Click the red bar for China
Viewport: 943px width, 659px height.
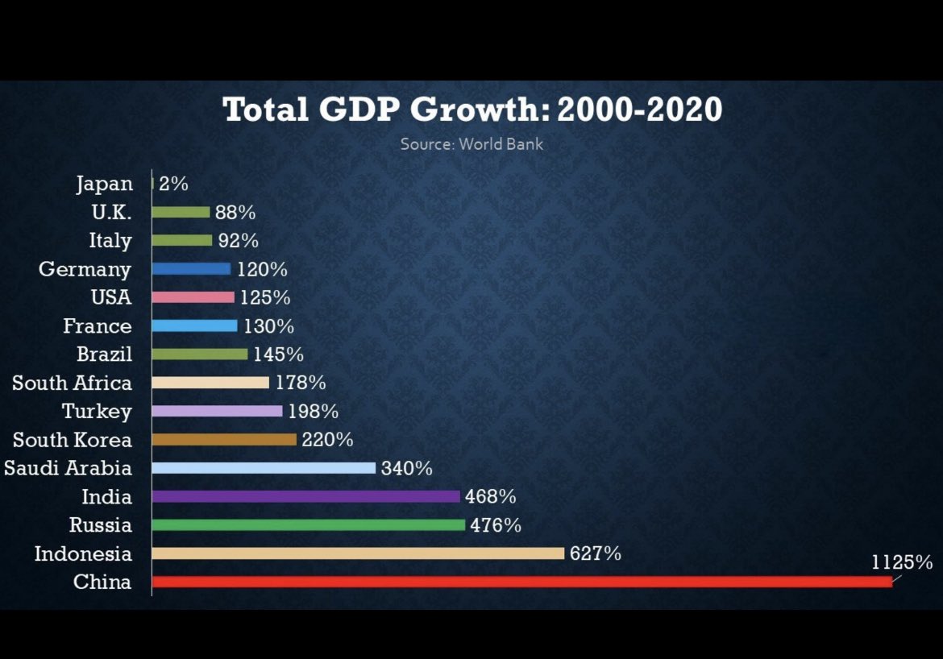[x=521, y=582]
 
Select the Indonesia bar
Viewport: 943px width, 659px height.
[x=358, y=553]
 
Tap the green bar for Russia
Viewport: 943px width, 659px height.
[x=309, y=525]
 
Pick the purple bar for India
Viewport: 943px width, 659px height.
[x=305, y=496]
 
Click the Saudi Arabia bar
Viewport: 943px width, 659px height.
[x=264, y=468]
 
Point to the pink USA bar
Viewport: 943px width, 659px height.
[x=193, y=297]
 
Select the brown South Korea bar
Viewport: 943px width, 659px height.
[x=224, y=440]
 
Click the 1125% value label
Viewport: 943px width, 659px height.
[x=902, y=562]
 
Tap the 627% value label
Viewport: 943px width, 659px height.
[x=595, y=553]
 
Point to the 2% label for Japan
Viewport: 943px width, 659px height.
[x=173, y=184]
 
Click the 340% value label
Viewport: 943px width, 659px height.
[x=406, y=468]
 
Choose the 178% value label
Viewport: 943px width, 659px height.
[x=299, y=383]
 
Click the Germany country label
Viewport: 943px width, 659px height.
[x=85, y=269]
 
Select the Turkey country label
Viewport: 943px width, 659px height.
[x=97, y=412]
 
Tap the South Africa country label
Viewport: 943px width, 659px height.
[x=72, y=383]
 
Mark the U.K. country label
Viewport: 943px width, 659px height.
[x=111, y=213]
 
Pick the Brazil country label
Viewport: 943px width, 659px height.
[x=104, y=354]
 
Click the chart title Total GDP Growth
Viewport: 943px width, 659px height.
[x=471, y=110]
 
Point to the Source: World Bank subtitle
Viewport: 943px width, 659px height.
[x=471, y=145]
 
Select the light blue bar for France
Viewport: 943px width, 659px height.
[x=195, y=326]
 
